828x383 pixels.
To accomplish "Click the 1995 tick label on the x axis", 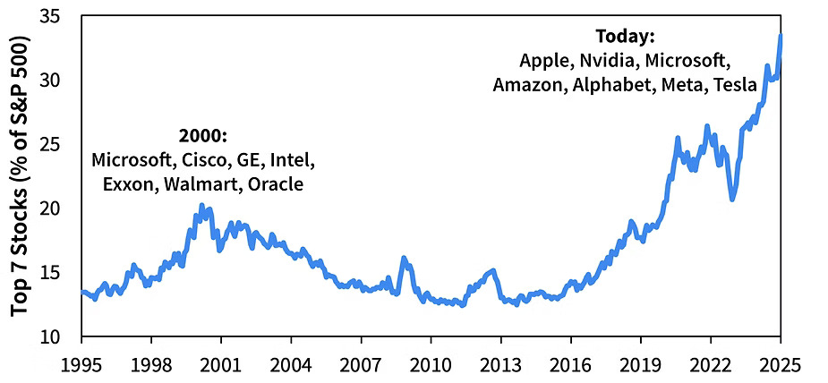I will (x=81, y=365).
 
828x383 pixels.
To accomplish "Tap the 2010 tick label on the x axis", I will (x=430, y=365).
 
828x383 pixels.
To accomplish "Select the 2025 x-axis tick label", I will (x=779, y=365).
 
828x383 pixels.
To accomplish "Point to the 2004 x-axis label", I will (x=291, y=365).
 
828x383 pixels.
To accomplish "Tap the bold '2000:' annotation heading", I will (x=203, y=136).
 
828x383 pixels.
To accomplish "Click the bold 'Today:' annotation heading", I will (x=626, y=38).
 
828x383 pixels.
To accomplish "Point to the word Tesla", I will (x=736, y=85).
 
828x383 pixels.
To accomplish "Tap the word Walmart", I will (x=202, y=184).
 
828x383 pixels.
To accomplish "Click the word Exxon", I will (x=131, y=184).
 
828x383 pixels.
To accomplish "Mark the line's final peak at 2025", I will (x=781, y=36).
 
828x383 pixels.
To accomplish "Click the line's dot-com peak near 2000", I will (x=201, y=206).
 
